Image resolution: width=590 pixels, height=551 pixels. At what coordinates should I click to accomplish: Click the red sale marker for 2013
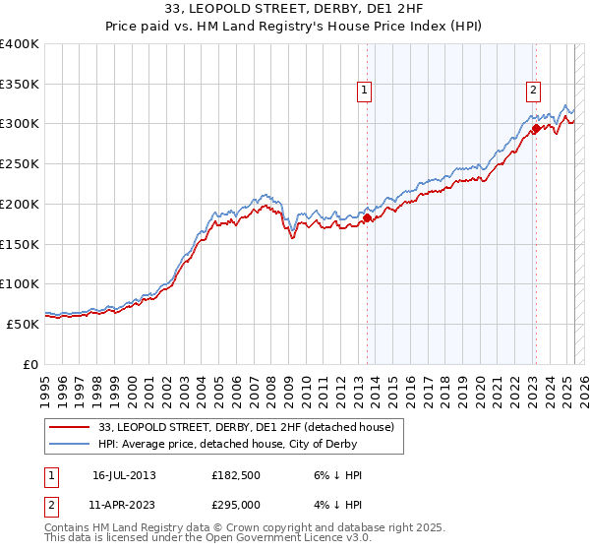pos(367,218)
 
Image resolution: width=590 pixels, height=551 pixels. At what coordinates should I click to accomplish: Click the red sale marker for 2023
pos(536,128)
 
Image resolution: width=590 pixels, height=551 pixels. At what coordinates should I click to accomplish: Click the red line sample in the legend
pos(70,427)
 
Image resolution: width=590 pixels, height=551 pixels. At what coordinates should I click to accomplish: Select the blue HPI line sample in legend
pos(70,445)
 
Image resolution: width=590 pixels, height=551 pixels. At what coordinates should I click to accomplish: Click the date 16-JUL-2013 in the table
pos(124,476)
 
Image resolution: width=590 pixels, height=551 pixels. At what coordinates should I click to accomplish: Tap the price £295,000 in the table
pos(236,504)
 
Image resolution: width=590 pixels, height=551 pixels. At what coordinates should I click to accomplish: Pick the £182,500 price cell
pos(236,476)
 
